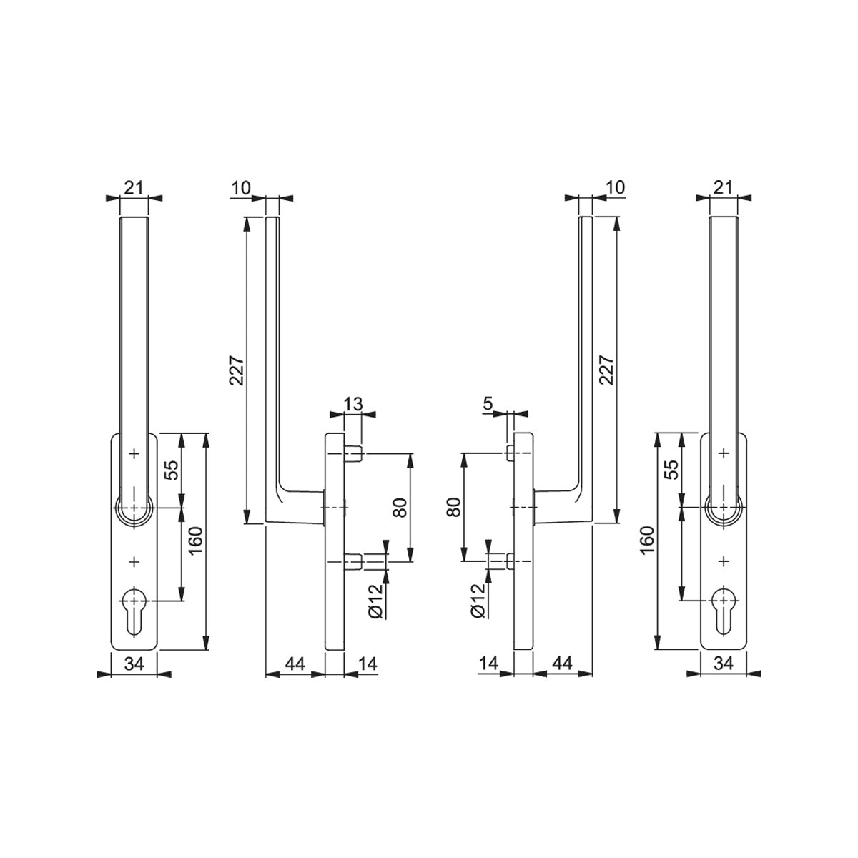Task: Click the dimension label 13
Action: point(353,404)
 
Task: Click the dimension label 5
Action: point(488,404)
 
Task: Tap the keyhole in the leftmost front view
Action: point(134,612)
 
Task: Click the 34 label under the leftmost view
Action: point(134,664)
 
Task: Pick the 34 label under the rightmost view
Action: point(724,664)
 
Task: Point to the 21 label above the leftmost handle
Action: point(133,188)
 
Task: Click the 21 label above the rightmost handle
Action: point(723,187)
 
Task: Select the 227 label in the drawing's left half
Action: point(237,370)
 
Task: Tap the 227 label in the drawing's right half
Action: point(606,370)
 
